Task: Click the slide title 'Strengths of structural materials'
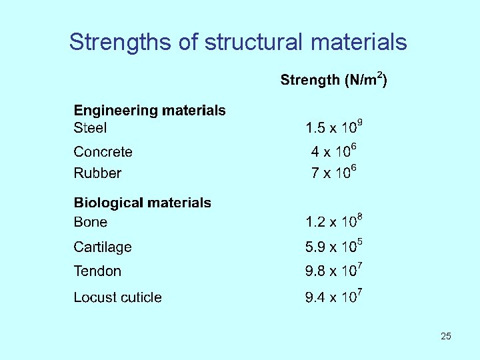(238, 42)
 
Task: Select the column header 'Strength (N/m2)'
(333, 80)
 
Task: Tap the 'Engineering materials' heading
(149, 111)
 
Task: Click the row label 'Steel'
(90, 127)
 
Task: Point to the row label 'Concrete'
(103, 152)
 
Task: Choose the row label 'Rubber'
(97, 173)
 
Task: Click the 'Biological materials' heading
(142, 203)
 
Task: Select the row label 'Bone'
(90, 222)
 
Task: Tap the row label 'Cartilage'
(103, 247)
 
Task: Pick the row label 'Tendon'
(97, 271)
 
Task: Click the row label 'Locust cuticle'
(117, 297)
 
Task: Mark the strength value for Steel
(333, 127)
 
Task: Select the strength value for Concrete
(335, 151)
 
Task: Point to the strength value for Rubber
(335, 172)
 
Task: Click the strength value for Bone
(333, 221)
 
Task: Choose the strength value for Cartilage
(333, 246)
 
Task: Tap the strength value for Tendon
(333, 270)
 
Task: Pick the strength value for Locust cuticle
(333, 296)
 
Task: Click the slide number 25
(445, 336)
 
